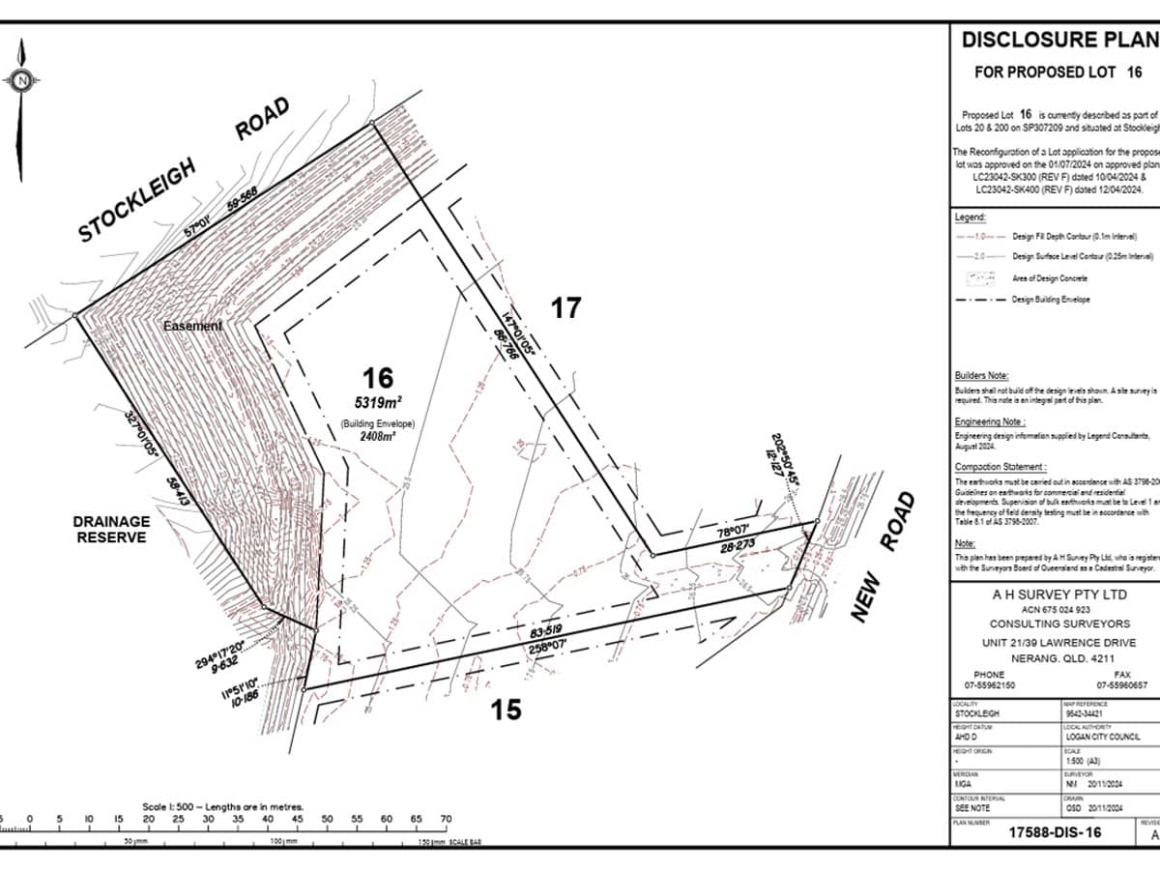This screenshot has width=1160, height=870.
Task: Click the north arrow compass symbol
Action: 21,81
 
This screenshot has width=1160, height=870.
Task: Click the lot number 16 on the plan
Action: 379,377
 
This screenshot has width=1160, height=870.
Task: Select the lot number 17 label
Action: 566,307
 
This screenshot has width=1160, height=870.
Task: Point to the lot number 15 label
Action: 506,710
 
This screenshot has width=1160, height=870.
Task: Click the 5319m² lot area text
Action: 377,402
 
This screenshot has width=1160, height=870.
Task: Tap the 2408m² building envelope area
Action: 376,437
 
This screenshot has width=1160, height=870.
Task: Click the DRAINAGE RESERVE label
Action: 113,529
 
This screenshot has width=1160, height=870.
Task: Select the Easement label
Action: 191,327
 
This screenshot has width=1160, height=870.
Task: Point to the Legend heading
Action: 970,217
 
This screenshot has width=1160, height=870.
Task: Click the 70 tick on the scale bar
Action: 446,819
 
